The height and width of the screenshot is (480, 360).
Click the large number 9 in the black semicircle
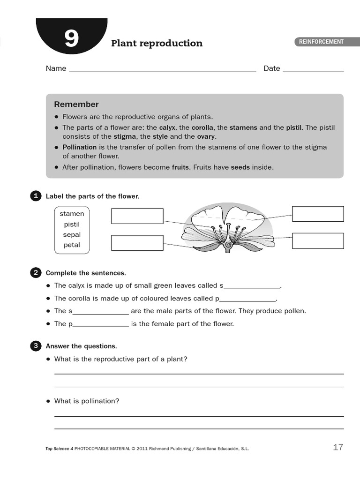71,39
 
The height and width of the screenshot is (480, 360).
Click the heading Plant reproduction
157,44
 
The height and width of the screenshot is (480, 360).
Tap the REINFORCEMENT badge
321,42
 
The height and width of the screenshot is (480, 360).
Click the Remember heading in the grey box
76,104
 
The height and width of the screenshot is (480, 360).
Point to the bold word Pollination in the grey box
80,147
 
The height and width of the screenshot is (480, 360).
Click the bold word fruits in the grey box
180,167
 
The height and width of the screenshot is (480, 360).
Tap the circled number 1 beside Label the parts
36,196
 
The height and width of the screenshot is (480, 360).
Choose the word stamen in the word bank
72,214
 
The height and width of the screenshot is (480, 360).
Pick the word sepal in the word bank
72,234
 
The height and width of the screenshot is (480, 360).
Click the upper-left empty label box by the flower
137,216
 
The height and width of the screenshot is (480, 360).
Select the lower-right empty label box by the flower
318,240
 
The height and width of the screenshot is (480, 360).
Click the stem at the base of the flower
228,250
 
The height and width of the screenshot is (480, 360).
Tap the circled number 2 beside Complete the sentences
36,273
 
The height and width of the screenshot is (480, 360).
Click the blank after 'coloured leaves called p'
247,299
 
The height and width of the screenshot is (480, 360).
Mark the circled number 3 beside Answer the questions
36,346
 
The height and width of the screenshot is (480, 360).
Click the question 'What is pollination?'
87,401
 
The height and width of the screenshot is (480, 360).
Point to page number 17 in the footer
338,447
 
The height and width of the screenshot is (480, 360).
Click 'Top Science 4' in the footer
59,449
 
